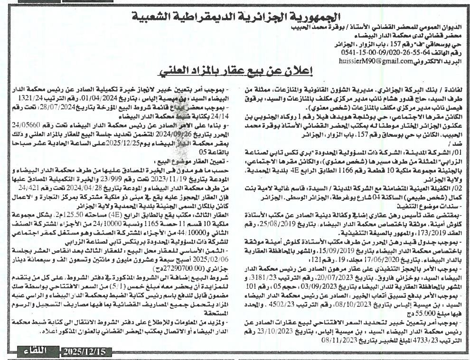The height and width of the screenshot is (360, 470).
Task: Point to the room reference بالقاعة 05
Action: click(216, 152)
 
